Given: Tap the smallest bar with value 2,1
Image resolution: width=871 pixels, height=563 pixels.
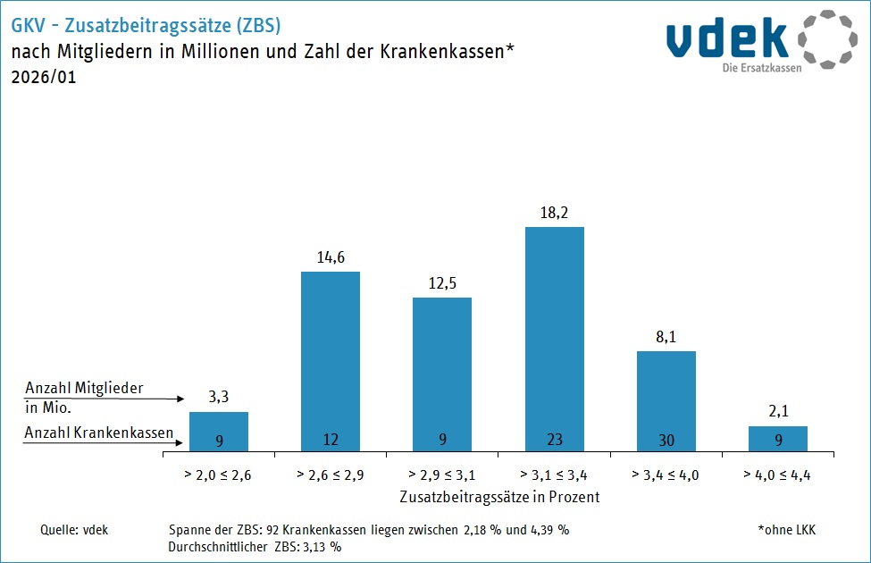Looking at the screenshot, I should coord(778,439).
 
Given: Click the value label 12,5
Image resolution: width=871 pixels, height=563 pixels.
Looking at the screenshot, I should coord(442,284).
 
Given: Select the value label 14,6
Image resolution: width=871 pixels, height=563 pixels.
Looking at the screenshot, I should coord(331,258).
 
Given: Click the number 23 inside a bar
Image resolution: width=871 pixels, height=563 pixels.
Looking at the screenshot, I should coord(555,440).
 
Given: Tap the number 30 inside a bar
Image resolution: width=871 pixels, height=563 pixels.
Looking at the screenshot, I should coord(666,440).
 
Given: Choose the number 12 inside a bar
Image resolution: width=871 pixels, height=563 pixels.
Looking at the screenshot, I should coord(331,440).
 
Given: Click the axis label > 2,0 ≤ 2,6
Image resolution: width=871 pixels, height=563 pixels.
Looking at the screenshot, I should coord(219,475).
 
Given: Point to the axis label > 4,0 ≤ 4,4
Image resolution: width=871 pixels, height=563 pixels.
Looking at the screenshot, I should coord(778,475).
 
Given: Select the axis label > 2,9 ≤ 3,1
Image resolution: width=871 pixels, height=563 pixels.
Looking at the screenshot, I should coord(442,475).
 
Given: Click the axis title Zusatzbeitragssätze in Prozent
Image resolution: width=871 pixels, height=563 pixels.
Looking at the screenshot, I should coord(498,496).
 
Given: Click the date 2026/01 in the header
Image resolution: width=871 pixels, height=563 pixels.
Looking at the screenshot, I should coord(44,77).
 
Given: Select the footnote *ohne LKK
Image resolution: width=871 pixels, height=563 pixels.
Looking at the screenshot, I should coord(786,530).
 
